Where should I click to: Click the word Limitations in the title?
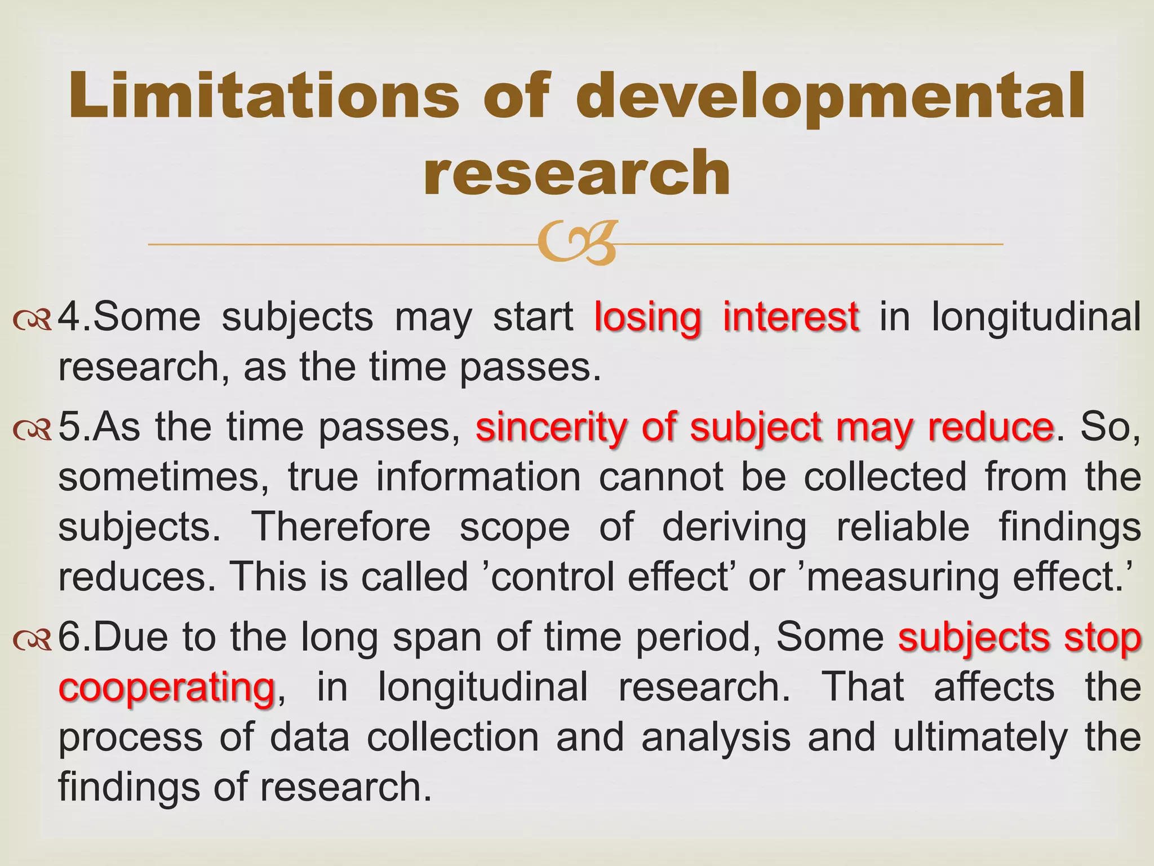coord(264,96)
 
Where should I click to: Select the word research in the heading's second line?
coord(577,173)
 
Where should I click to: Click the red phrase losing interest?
coord(727,317)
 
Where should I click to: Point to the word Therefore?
coord(340,527)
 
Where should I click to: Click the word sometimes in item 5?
coord(163,478)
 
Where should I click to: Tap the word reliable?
coord(902,527)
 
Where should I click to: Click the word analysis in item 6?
coord(716,737)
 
